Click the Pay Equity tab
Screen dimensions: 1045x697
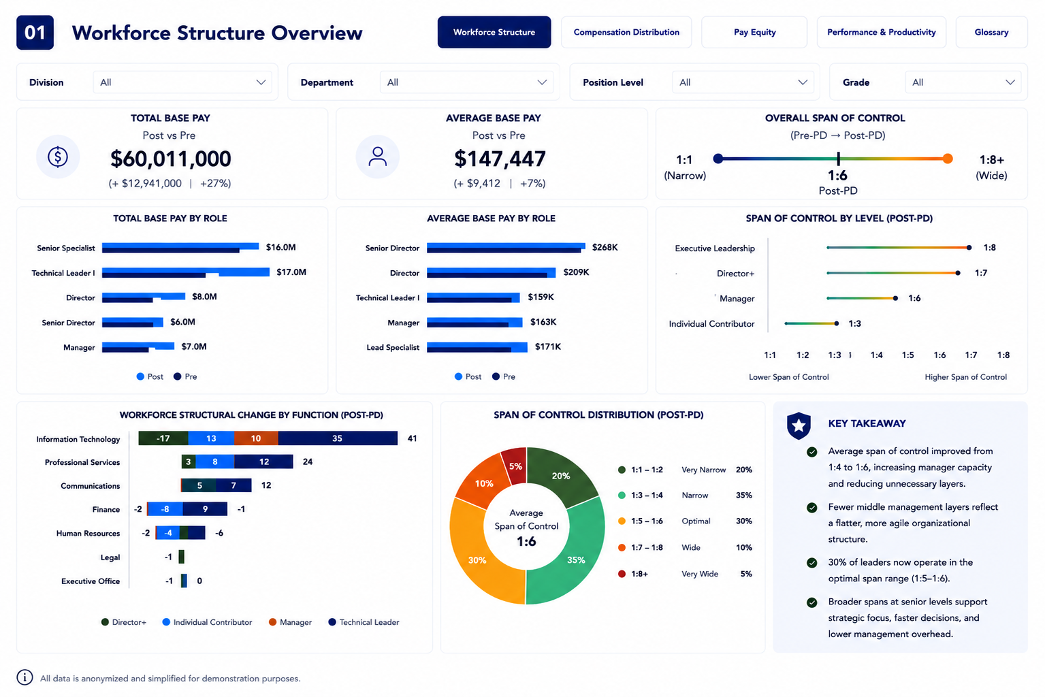(754, 32)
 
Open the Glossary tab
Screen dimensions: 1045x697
(991, 32)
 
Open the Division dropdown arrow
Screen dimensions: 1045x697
(261, 82)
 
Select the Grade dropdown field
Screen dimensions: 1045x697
(963, 82)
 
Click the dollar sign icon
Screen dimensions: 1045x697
(58, 157)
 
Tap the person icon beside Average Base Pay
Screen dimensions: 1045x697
(377, 157)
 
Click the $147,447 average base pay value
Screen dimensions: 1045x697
(500, 159)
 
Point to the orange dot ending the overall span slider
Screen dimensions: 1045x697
(947, 159)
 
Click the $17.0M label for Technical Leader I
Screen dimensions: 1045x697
(291, 272)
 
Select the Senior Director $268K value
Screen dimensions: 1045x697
(605, 247)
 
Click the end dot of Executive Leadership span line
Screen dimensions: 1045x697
(969, 248)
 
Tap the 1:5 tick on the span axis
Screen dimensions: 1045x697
(907, 355)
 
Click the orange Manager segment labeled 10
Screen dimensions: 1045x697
(256, 438)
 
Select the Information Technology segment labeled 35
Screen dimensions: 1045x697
(338, 438)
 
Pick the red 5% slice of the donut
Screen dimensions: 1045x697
(515, 465)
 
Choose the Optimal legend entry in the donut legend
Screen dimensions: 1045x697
(685, 521)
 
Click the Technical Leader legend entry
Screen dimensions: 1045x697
(364, 622)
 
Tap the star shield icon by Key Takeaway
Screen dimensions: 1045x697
(799, 425)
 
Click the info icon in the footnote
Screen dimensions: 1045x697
(25, 677)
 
